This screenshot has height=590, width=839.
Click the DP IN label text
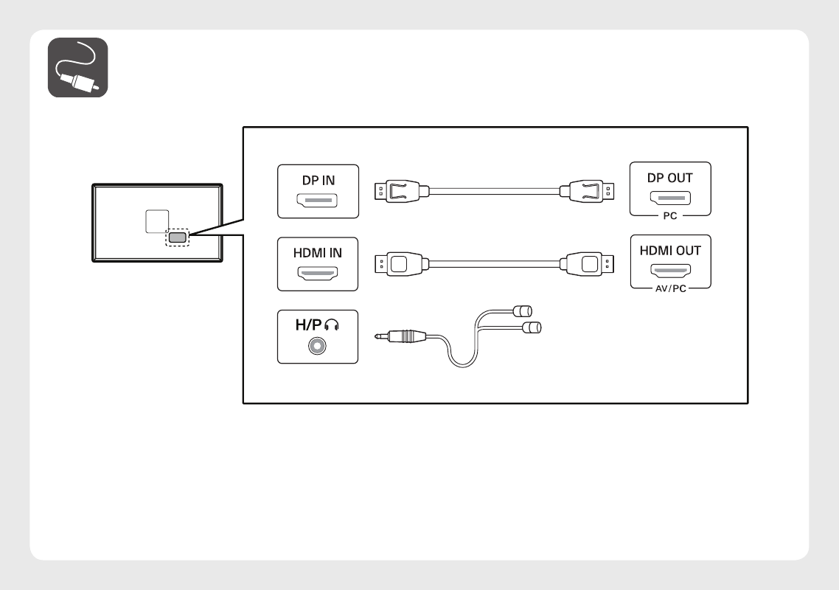click(318, 180)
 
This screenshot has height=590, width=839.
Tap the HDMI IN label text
click(318, 252)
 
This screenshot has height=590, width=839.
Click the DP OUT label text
click(670, 178)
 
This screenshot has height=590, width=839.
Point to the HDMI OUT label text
click(670, 250)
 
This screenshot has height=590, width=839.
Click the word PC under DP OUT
click(670, 216)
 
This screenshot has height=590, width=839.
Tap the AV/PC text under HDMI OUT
click(670, 288)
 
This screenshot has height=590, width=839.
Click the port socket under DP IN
click(318, 200)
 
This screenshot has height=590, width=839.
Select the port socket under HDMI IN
click(318, 272)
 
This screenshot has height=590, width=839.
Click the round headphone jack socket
click(318, 345)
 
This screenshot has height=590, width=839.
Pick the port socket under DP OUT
click(670, 198)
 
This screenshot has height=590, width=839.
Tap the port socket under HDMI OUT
click(670, 270)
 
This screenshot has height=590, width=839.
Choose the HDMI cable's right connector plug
click(587, 263)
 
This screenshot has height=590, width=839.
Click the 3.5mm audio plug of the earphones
click(401, 336)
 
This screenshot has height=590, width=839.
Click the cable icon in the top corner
click(78, 68)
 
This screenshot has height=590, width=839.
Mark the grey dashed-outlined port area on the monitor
click(178, 237)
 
